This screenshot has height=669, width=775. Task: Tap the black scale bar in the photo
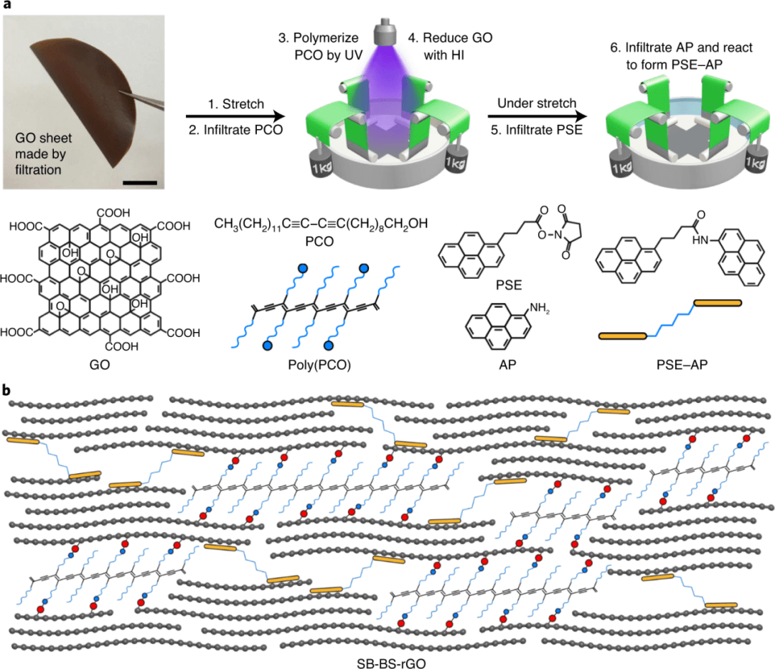click(x=139, y=182)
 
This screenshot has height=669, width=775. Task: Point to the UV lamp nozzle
click(x=386, y=32)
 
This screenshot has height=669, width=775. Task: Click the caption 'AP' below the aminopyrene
click(x=496, y=364)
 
